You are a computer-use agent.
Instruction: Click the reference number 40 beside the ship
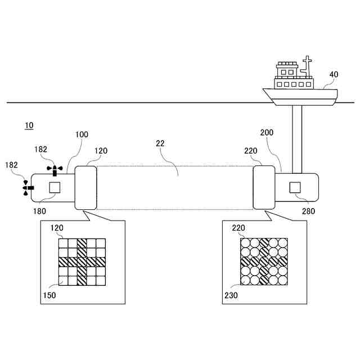(334, 75)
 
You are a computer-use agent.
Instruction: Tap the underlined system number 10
(29, 125)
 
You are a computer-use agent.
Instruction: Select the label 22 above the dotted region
(160, 144)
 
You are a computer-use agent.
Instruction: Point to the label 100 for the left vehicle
(82, 134)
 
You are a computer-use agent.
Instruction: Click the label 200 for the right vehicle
(267, 133)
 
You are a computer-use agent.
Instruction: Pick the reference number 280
(308, 211)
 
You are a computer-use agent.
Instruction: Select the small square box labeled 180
(55, 188)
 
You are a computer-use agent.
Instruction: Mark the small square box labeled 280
(294, 187)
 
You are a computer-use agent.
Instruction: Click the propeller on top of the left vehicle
(55, 169)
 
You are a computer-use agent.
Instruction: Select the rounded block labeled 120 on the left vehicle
(85, 187)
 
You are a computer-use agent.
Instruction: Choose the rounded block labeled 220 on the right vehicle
(263, 186)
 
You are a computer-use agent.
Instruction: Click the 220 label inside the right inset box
(238, 228)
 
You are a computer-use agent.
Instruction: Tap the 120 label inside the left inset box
(57, 228)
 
